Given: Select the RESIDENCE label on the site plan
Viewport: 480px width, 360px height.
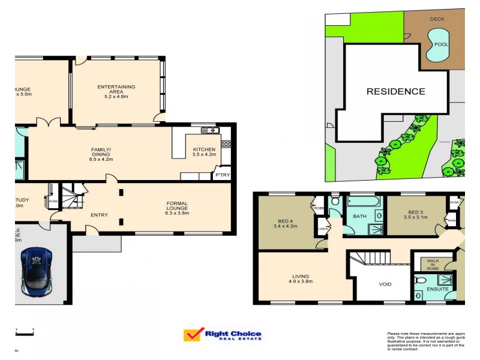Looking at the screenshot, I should [x=396, y=92].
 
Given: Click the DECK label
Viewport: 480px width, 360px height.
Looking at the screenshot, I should [x=437, y=19].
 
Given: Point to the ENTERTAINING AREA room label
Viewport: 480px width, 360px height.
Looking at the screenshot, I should [x=116, y=91].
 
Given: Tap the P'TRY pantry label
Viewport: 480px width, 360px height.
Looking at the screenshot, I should [x=223, y=175].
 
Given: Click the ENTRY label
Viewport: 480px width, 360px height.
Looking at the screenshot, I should [x=99, y=215].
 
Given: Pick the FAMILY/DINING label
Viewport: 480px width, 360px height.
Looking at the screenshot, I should [x=101, y=154].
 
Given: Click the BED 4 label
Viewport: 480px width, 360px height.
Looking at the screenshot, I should [x=285, y=223].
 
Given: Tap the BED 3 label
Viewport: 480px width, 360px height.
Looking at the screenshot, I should [x=416, y=215].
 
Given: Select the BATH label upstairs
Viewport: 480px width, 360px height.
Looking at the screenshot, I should [x=359, y=216].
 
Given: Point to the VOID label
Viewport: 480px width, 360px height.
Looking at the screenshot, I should [x=385, y=284].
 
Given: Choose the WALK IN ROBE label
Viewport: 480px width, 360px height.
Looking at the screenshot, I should [x=433, y=265].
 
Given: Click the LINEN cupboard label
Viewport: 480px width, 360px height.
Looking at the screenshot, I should [x=322, y=229].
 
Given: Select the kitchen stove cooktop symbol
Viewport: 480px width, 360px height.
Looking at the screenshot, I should [x=226, y=144].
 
